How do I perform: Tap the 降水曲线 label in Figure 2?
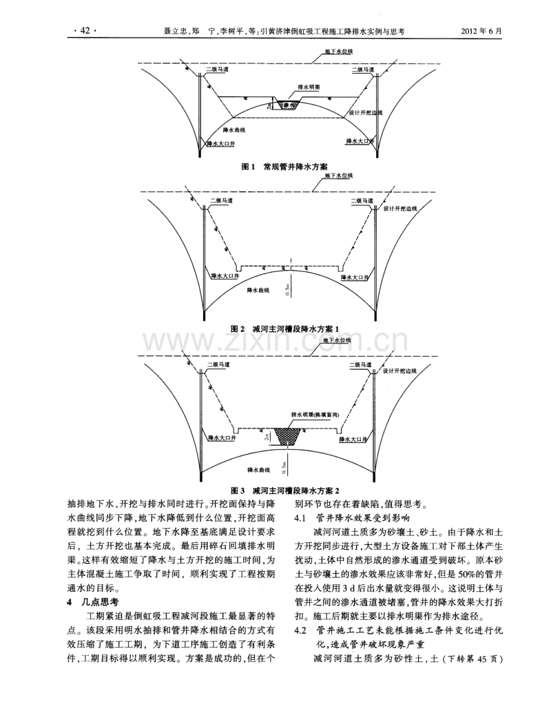[x=259, y=291]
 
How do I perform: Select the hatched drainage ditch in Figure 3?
[x=289, y=435]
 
